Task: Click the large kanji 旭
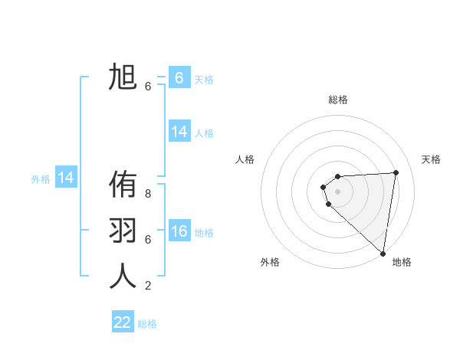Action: point(123,78)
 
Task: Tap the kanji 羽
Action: point(123,231)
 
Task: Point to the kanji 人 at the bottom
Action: point(123,277)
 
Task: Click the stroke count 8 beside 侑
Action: point(148,194)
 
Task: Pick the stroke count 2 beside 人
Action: point(148,286)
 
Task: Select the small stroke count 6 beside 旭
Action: point(148,87)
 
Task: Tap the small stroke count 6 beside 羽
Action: point(148,240)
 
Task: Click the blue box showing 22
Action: point(123,322)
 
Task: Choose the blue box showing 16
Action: point(179,231)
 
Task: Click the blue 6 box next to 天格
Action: point(179,78)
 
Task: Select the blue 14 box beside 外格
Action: point(66,178)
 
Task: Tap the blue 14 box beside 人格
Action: point(179,132)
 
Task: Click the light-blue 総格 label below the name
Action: point(147,324)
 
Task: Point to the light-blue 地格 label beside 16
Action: point(204,233)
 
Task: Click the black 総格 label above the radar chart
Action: point(337,100)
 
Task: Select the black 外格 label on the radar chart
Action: point(270,262)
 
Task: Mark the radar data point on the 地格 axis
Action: point(383,254)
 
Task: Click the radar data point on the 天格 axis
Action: point(396,172)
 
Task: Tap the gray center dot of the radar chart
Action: point(337,191)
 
